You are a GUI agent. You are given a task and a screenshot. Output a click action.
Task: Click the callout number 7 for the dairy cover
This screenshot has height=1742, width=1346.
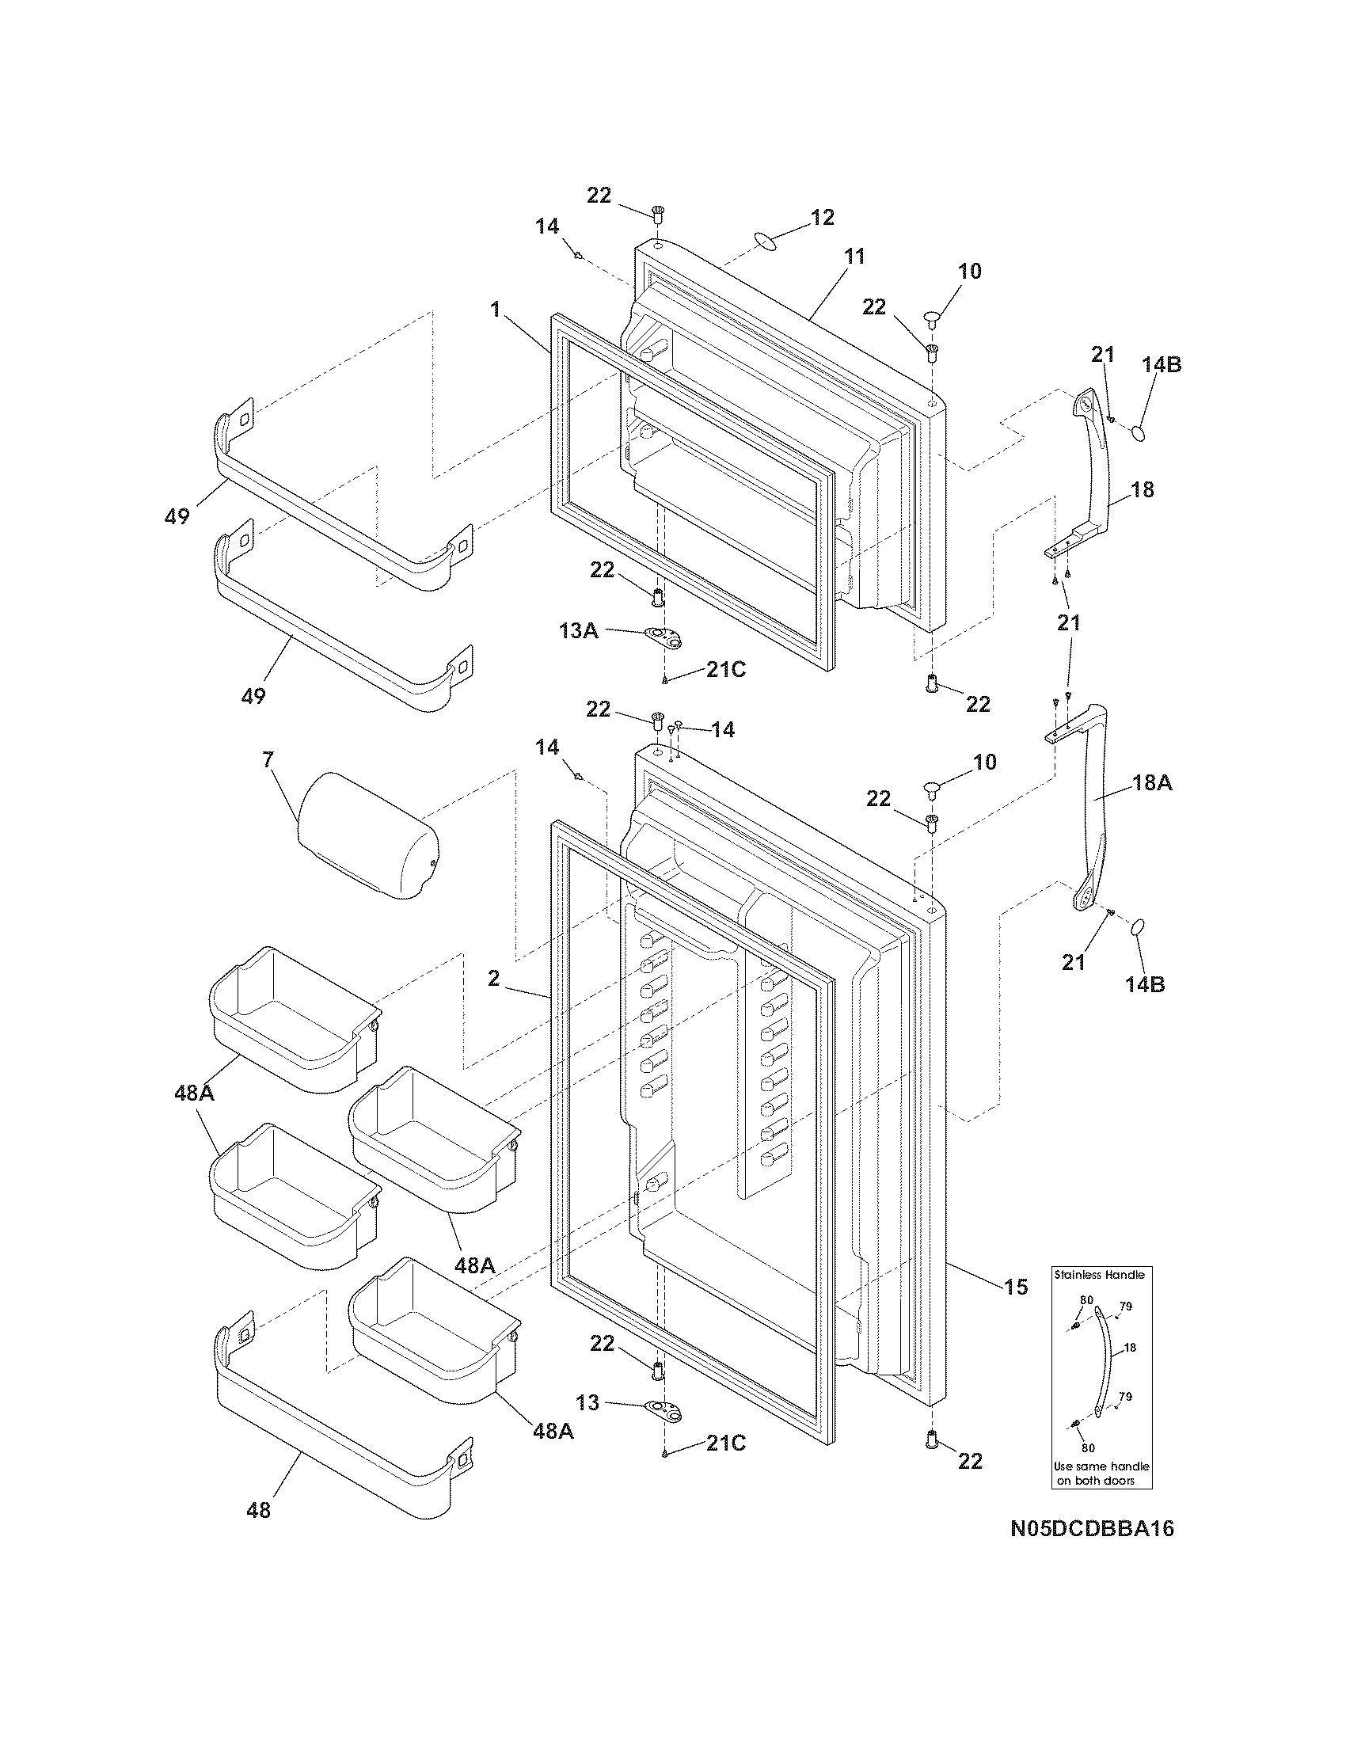pyautogui.click(x=268, y=759)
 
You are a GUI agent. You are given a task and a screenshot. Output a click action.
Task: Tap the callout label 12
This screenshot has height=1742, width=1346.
pyautogui.click(x=822, y=217)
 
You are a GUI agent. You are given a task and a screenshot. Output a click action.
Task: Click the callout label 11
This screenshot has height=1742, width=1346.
pyautogui.click(x=854, y=256)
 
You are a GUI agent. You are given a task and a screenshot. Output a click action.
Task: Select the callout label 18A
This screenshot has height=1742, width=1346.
pyautogui.click(x=1151, y=783)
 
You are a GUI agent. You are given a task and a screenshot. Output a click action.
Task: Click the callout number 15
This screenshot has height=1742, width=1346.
pyautogui.click(x=1016, y=1287)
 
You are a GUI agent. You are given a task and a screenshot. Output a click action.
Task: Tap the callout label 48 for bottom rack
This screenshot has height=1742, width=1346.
pyautogui.click(x=259, y=1510)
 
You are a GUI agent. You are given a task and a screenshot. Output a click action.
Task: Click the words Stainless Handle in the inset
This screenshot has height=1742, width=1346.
pyautogui.click(x=1100, y=1275)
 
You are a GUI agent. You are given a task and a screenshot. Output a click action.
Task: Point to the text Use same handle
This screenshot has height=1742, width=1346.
pyautogui.click(x=1102, y=1466)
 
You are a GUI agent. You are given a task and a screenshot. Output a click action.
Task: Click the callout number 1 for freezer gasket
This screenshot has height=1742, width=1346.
pyautogui.click(x=495, y=310)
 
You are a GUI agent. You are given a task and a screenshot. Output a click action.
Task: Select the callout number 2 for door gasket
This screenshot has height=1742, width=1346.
pyautogui.click(x=493, y=978)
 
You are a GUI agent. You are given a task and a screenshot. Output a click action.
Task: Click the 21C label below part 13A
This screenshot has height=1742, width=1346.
pyautogui.click(x=725, y=670)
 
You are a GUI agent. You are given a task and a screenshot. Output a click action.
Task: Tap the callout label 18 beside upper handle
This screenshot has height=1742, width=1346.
pyautogui.click(x=1143, y=489)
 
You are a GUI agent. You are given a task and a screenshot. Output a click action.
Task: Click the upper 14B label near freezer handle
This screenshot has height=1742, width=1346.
pyautogui.click(x=1161, y=364)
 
